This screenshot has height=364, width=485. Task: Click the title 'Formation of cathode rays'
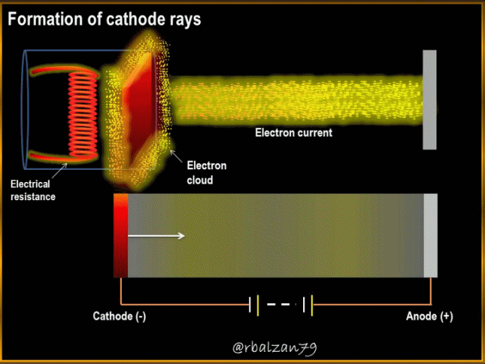[x=104, y=19]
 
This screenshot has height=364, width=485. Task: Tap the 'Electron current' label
[x=294, y=133]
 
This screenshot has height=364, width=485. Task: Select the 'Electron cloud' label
[x=207, y=173]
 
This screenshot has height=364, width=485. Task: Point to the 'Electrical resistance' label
[x=33, y=190]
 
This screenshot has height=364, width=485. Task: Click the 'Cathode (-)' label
[x=119, y=316]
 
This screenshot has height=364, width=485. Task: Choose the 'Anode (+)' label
[x=429, y=316]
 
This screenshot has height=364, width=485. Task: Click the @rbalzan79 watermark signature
[x=275, y=348]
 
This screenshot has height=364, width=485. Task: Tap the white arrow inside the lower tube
[x=156, y=236]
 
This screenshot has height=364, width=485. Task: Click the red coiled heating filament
[x=83, y=115]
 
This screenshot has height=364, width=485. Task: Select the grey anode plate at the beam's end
[x=430, y=100]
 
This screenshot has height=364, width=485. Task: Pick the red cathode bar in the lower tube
[x=121, y=235]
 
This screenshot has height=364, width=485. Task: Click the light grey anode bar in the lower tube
[x=430, y=235]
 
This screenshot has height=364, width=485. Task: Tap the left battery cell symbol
[x=254, y=305]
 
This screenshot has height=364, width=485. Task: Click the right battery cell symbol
[x=308, y=305]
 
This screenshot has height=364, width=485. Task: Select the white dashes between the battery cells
[x=278, y=305]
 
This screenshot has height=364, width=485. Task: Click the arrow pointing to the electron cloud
[x=176, y=156]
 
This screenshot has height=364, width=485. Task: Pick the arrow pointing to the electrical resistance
[x=59, y=171]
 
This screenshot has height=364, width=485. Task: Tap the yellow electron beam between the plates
[x=296, y=99]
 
